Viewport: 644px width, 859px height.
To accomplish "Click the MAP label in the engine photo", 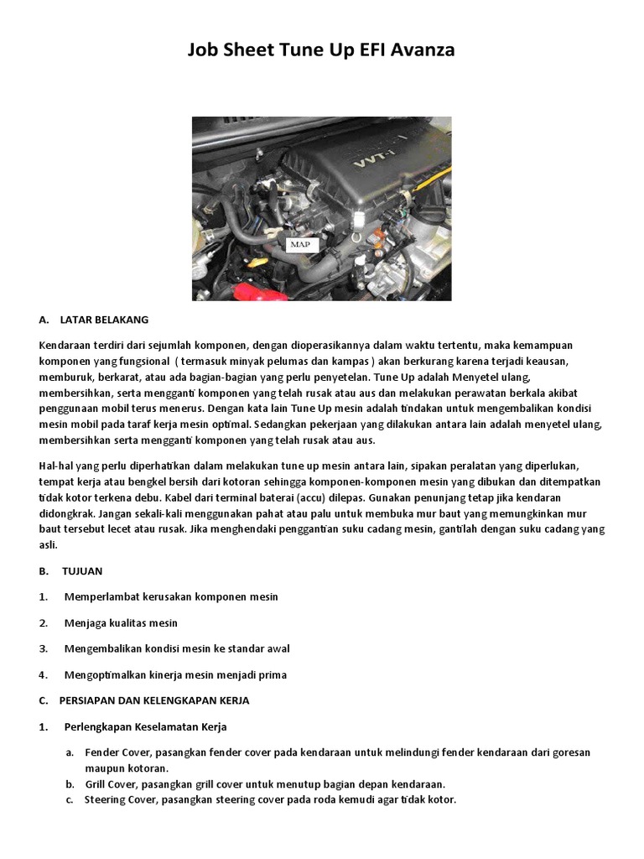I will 299,244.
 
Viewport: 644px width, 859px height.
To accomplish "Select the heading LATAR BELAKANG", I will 104,320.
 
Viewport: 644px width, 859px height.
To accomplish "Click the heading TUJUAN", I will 82,571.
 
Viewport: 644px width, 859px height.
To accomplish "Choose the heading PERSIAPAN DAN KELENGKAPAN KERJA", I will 154,700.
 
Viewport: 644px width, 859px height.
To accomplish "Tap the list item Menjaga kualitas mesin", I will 121,623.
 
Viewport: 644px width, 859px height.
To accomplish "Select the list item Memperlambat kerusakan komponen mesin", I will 170,597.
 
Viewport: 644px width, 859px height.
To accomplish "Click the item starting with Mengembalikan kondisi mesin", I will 177,649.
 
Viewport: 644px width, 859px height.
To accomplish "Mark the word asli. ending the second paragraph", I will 48,545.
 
